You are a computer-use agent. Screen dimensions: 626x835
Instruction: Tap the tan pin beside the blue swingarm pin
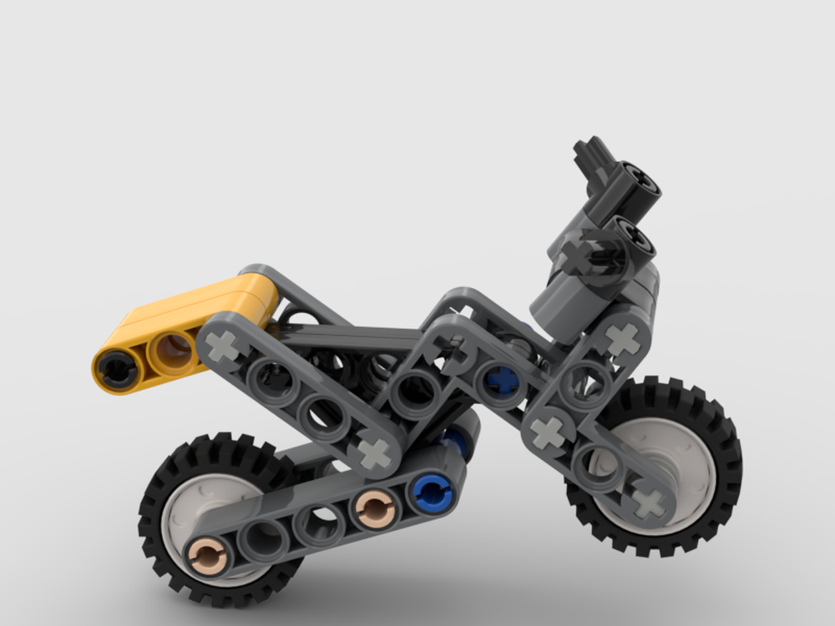pyautogui.click(x=376, y=506)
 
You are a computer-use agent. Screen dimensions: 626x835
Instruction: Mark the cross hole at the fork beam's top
pyautogui.click(x=622, y=339)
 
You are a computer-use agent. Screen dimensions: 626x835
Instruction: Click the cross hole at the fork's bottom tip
pyautogui.click(x=648, y=502)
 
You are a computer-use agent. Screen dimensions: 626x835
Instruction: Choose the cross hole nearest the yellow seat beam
pyautogui.click(x=223, y=346)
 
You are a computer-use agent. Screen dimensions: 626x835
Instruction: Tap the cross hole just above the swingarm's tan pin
pyautogui.click(x=373, y=453)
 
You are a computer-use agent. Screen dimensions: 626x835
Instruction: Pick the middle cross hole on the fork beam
pyautogui.click(x=548, y=431)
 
